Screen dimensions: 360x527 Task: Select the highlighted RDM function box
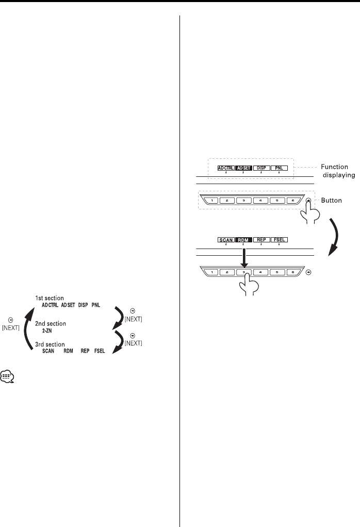tap(243, 240)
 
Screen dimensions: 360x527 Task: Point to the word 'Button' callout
tap(331, 200)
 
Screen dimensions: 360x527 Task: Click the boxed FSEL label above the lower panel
tap(279, 240)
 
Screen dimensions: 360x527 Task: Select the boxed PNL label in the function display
tap(279, 168)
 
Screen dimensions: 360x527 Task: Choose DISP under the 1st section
tap(84, 305)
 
